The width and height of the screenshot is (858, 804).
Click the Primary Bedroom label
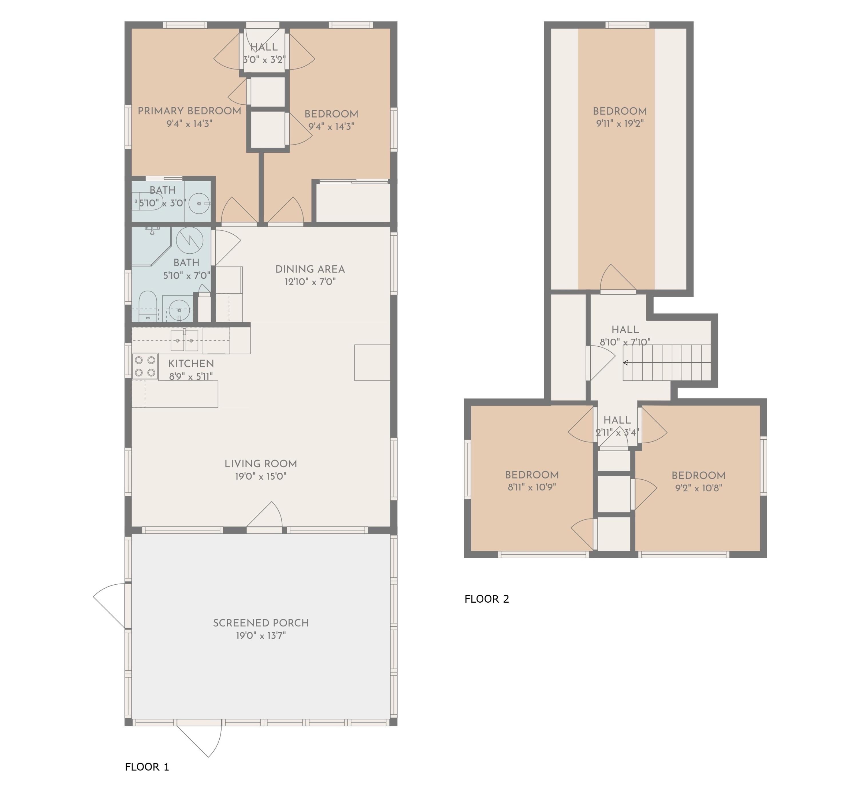[x=189, y=111]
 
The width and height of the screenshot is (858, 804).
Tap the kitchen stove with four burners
[x=145, y=366]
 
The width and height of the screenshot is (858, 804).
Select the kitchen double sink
[x=184, y=340]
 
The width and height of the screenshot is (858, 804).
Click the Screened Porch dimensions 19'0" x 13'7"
[x=260, y=635]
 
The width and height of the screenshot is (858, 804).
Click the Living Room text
[x=260, y=464]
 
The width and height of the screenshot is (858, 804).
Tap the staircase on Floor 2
[x=666, y=362]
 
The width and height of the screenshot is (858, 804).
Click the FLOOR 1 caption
[x=147, y=767]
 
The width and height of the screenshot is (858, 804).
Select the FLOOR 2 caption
[x=486, y=599]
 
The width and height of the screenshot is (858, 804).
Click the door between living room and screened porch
[x=264, y=518]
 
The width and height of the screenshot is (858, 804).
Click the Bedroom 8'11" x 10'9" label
[x=531, y=475]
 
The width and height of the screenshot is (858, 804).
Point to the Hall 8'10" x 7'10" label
[x=625, y=330]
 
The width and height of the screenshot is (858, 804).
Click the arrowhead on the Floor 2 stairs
[x=625, y=362]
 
